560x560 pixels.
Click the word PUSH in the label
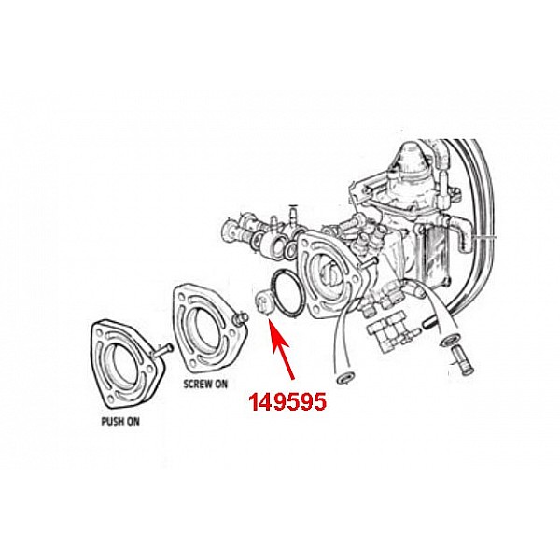112,420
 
